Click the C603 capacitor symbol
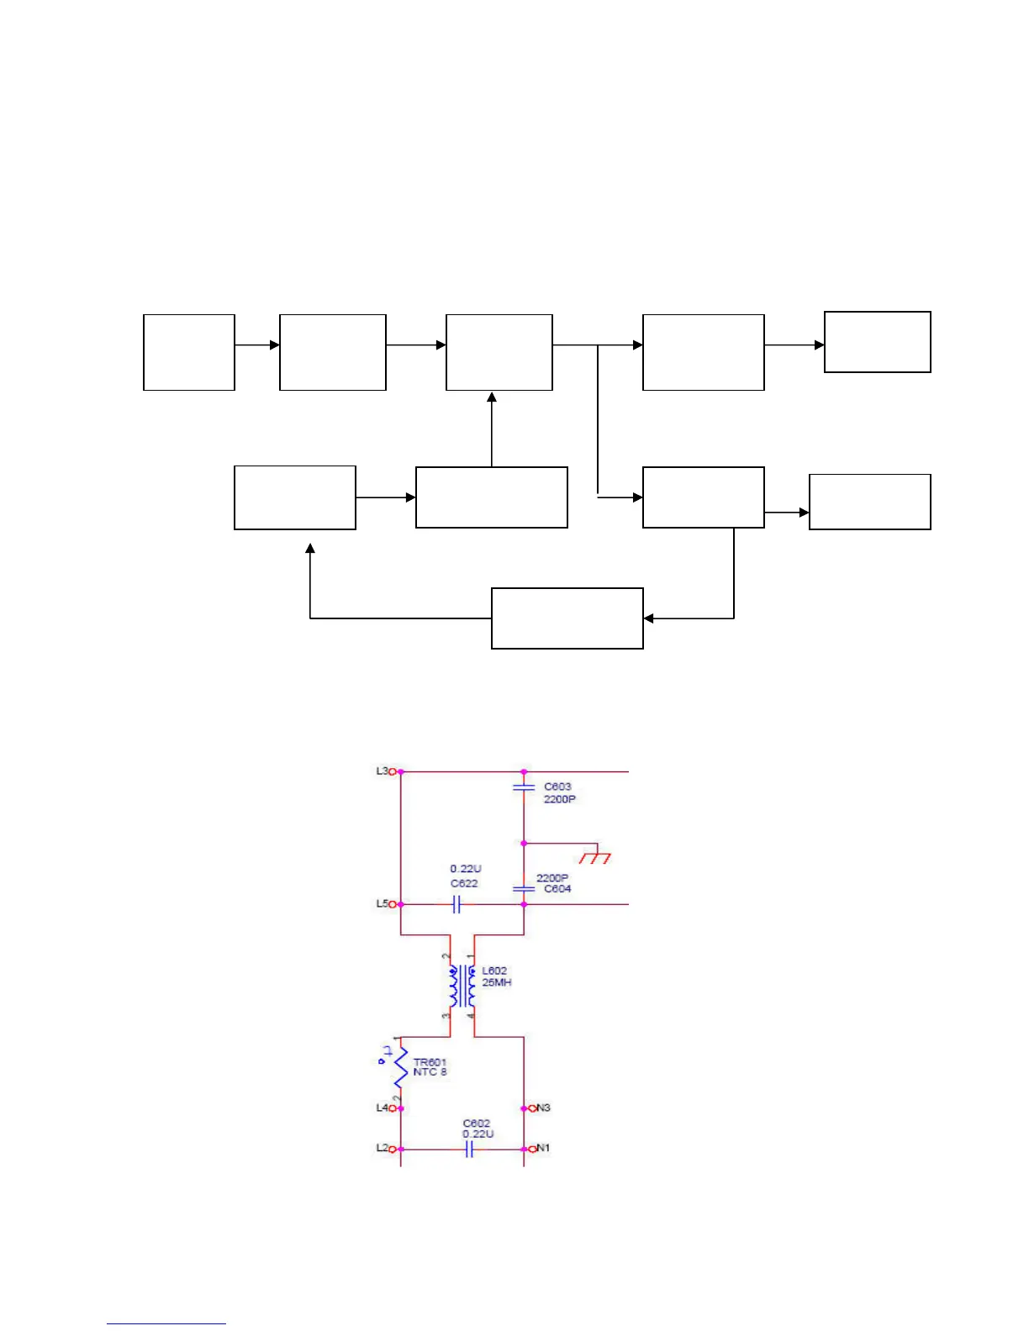[x=524, y=787]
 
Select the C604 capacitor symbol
[x=524, y=888]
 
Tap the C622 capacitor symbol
[x=456, y=904]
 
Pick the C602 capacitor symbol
[x=469, y=1149]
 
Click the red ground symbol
[x=595, y=857]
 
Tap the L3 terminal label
[x=382, y=771]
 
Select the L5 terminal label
[x=382, y=904]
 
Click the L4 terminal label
[x=382, y=1108]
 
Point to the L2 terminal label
[x=382, y=1148]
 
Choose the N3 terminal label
[x=543, y=1108]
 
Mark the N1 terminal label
[x=543, y=1148]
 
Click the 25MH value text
[x=497, y=982]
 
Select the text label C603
[x=557, y=786]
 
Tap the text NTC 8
[x=430, y=1072]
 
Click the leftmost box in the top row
[x=189, y=352]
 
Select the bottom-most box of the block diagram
[x=567, y=618]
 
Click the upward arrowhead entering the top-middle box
[x=492, y=397]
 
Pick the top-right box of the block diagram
[x=878, y=342]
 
